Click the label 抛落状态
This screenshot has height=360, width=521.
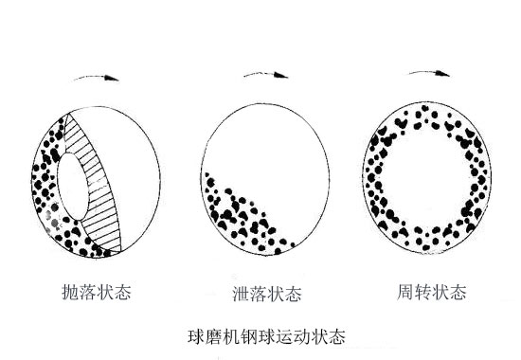(x=94, y=292)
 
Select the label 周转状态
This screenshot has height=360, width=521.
(x=432, y=292)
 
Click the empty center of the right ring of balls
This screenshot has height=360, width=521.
(x=429, y=180)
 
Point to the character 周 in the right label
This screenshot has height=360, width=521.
(x=404, y=292)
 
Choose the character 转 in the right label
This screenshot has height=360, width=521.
(x=422, y=292)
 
